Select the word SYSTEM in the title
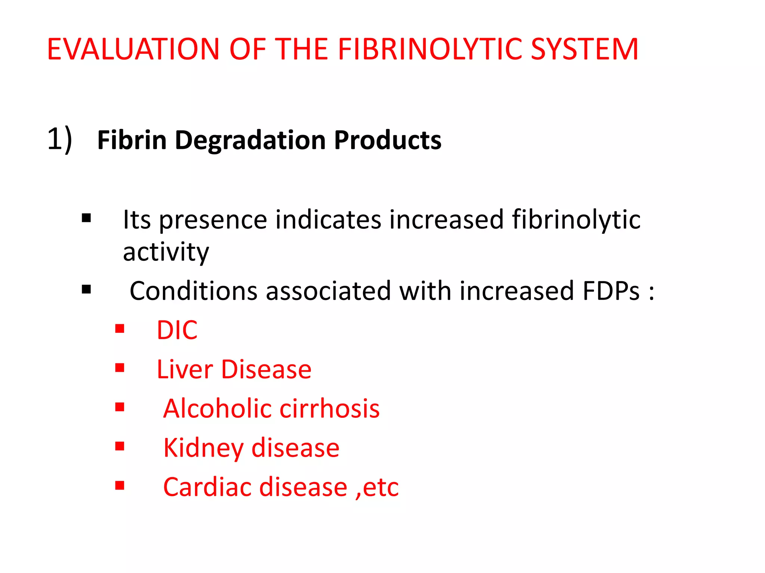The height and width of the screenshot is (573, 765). [584, 49]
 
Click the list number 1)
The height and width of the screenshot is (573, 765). [59, 139]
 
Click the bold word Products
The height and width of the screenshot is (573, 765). [387, 140]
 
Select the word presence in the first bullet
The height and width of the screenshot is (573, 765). [213, 220]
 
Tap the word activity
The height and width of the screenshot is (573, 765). [166, 252]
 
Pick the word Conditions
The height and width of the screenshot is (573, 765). [193, 291]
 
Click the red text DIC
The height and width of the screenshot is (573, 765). [177, 330]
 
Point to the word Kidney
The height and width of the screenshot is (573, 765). [203, 448]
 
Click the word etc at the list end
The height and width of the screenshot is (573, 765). [381, 487]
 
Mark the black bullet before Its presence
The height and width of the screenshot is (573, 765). [86, 218]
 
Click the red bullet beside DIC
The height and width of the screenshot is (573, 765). [120, 328]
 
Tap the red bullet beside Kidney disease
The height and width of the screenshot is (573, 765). [120, 446]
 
